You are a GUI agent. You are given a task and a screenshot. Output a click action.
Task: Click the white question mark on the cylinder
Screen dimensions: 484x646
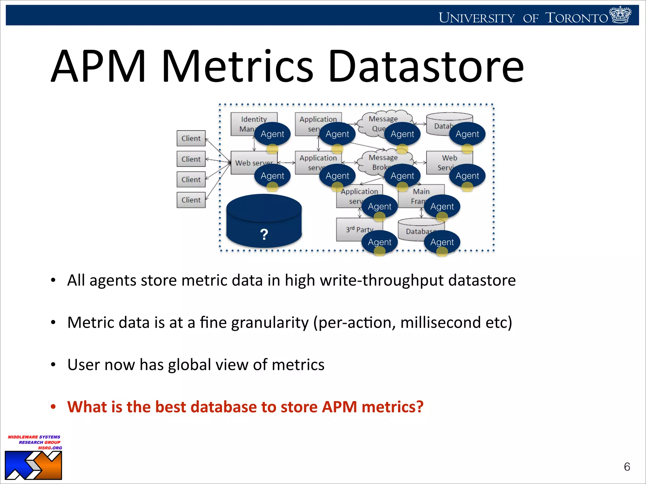[x=264, y=234]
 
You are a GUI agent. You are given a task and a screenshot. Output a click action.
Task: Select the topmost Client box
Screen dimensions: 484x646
[x=191, y=138]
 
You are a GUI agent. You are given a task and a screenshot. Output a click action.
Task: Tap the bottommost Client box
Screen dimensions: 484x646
[x=191, y=200]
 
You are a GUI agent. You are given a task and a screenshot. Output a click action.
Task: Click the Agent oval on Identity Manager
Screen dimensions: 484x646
[x=273, y=134]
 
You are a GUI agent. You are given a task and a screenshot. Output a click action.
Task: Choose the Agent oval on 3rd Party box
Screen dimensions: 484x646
[x=379, y=242]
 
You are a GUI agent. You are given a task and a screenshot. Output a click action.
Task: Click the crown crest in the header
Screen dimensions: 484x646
[x=620, y=15]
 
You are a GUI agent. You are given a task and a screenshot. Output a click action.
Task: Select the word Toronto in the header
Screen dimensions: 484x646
[x=576, y=18]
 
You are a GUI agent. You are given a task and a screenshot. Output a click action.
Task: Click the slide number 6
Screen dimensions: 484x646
[x=627, y=467]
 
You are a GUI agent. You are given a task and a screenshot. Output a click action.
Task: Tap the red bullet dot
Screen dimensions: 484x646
[x=53, y=406]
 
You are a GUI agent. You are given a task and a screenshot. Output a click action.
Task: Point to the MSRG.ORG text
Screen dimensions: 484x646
[x=50, y=448]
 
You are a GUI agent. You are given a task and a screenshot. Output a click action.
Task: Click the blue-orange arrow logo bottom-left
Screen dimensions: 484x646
[x=33, y=465]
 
